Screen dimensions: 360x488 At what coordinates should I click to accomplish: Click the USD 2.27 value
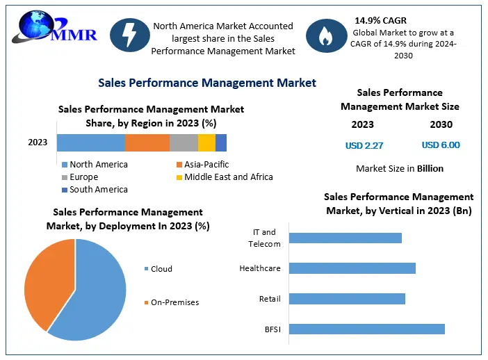[364, 145]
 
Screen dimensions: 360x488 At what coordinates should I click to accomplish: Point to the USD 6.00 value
[441, 145]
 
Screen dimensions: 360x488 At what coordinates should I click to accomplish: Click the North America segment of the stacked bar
[90, 142]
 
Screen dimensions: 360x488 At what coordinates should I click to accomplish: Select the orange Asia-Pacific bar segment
[147, 142]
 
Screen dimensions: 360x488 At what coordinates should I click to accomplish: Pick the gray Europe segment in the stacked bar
[184, 142]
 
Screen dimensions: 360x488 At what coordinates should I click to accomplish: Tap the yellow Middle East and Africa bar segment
[206, 142]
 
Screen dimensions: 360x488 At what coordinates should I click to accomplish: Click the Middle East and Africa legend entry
[224, 177]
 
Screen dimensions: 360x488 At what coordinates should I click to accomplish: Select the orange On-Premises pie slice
[45, 278]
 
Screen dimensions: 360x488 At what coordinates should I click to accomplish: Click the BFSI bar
[366, 329]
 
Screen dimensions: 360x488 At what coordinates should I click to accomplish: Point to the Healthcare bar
[352, 268]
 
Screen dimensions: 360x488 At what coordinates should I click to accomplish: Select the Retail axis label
[270, 299]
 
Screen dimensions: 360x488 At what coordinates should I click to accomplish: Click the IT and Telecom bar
[345, 238]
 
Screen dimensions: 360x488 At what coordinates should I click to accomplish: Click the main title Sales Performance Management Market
[207, 83]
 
